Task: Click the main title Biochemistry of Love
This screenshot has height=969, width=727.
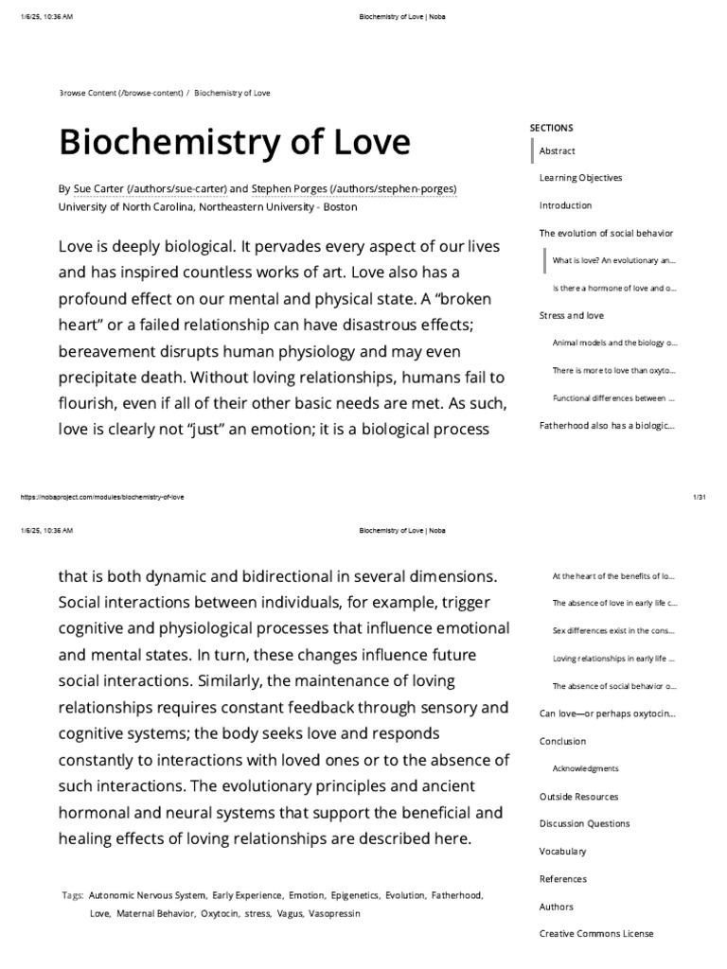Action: [235, 142]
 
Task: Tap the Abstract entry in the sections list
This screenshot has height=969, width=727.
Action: [557, 150]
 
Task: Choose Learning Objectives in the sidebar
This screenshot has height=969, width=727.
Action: [580, 178]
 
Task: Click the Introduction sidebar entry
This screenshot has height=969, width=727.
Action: [565, 205]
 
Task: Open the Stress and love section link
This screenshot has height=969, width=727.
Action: [571, 315]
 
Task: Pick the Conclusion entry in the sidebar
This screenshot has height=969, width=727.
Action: [562, 741]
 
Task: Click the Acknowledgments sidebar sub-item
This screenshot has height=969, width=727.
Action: [585, 768]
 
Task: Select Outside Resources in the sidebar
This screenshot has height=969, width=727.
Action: [578, 797]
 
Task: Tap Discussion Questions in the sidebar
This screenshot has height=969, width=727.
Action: [584, 824]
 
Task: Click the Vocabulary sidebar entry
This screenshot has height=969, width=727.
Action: [562, 852]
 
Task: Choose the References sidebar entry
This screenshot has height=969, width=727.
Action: [562, 879]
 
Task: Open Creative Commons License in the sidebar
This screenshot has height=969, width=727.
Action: [595, 934]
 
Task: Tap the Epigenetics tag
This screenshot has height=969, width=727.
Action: [354, 894]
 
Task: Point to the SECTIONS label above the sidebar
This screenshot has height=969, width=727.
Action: [551, 128]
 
